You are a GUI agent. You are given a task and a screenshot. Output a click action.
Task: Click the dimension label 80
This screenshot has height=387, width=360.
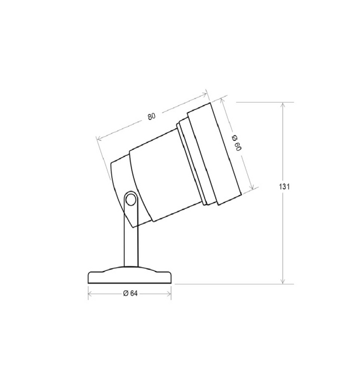pyautogui.click(x=152, y=116)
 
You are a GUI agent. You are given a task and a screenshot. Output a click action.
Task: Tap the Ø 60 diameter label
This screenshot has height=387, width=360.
pyautogui.click(x=237, y=143)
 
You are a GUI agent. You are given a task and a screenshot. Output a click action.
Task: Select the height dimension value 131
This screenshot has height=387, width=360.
pyautogui.click(x=284, y=187)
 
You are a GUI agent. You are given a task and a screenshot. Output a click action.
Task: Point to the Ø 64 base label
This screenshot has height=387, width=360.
pyautogui.click(x=130, y=293)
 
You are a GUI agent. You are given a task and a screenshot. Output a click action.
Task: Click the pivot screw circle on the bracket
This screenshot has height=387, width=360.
pyautogui.click(x=131, y=199)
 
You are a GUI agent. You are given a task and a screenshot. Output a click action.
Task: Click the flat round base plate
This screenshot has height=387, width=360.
pyautogui.click(x=129, y=275)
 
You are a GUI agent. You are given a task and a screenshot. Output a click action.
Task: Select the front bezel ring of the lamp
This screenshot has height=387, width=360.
pyautogui.click(x=214, y=154)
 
